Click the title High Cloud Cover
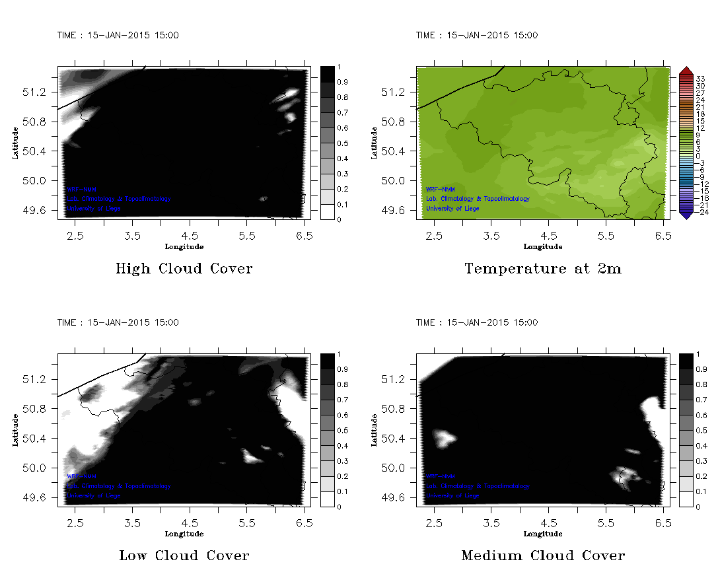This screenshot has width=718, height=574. (184, 269)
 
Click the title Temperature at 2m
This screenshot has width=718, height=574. (543, 269)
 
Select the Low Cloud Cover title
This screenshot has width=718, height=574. (184, 556)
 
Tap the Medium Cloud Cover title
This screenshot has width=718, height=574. (543, 556)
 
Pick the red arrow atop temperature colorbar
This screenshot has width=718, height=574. (685, 71)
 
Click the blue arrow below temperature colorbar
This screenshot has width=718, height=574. (685, 214)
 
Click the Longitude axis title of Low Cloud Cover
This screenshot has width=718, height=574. (184, 534)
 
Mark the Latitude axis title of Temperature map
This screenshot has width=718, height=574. (374, 143)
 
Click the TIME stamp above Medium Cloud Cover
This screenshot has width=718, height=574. (476, 322)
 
